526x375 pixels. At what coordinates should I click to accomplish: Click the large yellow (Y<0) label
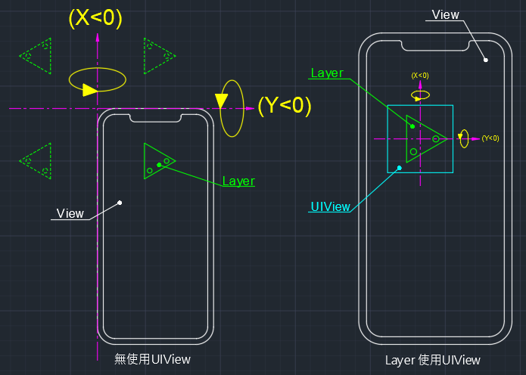pyautogui.click(x=285, y=106)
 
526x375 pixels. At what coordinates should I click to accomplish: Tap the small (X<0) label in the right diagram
pyautogui.click(x=419, y=76)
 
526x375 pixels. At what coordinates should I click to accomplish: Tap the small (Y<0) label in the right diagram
pyautogui.click(x=490, y=138)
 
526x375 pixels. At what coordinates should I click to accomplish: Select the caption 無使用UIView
pyautogui.click(x=152, y=360)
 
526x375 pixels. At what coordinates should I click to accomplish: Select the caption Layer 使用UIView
pyautogui.click(x=432, y=361)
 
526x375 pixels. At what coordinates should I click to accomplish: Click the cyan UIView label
pyautogui.click(x=330, y=206)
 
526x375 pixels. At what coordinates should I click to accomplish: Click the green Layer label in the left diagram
pyautogui.click(x=238, y=181)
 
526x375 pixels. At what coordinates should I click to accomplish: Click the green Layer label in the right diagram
pyautogui.click(x=327, y=73)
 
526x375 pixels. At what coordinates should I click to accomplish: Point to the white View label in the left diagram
pyautogui.click(x=70, y=214)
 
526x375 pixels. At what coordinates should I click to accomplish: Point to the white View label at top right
pyautogui.click(x=445, y=15)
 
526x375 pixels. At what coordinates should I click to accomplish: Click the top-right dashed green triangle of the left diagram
pyautogui.click(x=158, y=56)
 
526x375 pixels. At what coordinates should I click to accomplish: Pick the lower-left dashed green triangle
pyautogui.click(x=36, y=160)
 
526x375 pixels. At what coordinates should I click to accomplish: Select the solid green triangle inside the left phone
pyautogui.click(x=157, y=160)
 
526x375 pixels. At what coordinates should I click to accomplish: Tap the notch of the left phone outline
pyautogui.click(x=156, y=117)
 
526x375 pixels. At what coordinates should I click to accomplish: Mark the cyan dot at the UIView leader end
pyautogui.click(x=399, y=168)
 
